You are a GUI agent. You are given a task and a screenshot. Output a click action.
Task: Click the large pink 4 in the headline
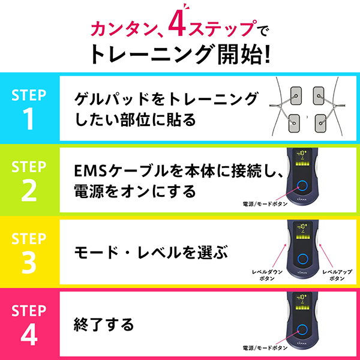177,24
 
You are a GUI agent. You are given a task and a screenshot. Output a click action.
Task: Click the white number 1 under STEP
29,118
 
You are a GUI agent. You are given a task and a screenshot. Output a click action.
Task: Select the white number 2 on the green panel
29,190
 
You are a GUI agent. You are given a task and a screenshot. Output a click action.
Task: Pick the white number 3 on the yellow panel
29,262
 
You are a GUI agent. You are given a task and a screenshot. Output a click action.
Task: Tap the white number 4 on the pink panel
29,334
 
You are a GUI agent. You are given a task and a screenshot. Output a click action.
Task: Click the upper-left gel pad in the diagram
296,95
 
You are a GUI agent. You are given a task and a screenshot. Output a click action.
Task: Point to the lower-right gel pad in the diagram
321,123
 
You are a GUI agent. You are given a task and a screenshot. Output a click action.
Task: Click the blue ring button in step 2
302,185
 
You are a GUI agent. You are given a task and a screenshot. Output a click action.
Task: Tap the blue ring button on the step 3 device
303,259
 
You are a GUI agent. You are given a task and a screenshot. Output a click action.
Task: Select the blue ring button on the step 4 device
302,329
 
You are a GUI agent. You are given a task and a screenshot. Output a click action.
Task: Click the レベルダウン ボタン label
267,275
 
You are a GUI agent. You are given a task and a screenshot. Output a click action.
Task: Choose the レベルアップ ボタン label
337,275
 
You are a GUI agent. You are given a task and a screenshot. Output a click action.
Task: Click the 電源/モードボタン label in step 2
265,203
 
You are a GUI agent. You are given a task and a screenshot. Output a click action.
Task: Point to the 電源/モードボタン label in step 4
265,348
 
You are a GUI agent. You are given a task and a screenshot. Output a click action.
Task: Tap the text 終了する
104,325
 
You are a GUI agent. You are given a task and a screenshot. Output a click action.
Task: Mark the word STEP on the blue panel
29,95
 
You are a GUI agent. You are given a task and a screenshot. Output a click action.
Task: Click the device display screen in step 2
302,157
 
